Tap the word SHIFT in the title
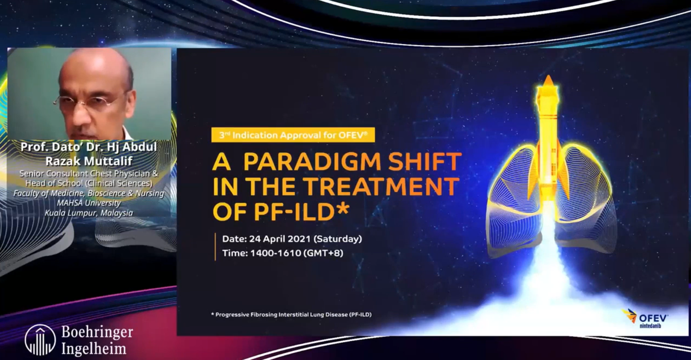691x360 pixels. [425, 161]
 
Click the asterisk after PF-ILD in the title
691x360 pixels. [342, 208]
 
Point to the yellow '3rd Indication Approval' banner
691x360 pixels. [293, 135]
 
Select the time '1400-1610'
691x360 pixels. [276, 253]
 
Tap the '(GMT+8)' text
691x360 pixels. [323, 253]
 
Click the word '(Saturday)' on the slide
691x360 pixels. [338, 239]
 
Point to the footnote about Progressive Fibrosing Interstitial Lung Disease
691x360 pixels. [291, 315]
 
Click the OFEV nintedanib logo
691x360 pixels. [645, 318]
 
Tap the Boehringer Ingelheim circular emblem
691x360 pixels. [40, 339]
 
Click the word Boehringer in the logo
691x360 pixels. [97, 332]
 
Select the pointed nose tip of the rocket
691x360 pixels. [548, 76]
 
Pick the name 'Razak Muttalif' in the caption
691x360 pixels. [89, 161]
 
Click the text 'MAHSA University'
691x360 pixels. [89, 203]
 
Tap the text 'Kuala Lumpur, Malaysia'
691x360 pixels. [89, 213]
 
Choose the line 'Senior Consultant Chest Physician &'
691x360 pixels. [89, 173]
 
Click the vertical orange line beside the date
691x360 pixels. [215, 247]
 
